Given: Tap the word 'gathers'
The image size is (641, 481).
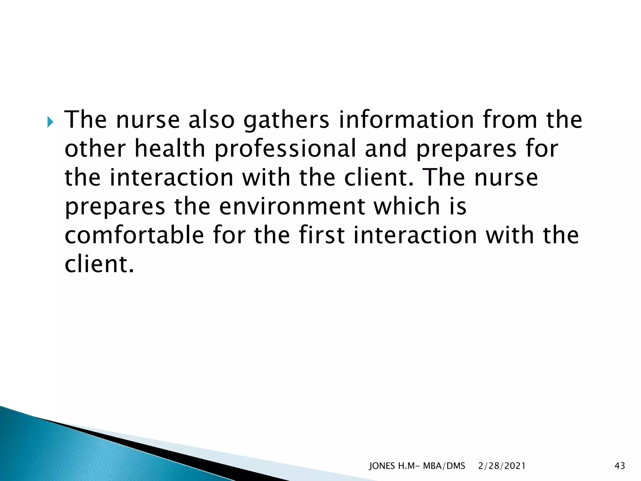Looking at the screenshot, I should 286,121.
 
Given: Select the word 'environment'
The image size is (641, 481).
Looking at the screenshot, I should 292,207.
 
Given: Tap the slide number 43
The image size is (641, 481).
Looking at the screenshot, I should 620,466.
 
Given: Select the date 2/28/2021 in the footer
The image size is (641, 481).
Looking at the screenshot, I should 502,466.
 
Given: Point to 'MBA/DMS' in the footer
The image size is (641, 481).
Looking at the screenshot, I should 444,466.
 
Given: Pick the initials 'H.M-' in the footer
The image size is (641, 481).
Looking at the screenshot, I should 409,466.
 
